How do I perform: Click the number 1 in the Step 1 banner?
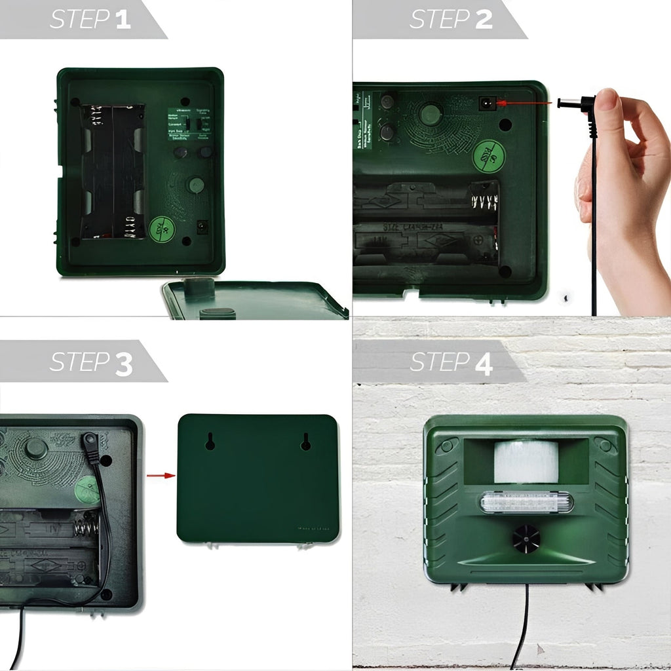coord(123,19)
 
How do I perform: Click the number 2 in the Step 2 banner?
coord(484,19)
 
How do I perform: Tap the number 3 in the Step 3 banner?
coord(124,364)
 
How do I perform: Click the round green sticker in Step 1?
coord(162,230)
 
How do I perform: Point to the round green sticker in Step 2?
coord(489,157)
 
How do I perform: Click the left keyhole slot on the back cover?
coord(210,442)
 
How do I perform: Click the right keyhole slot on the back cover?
coord(305,442)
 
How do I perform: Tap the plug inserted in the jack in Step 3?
coord(90,448)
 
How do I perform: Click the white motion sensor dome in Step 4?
coord(526,461)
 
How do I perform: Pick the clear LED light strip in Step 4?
coord(526,503)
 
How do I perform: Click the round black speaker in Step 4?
coord(526,539)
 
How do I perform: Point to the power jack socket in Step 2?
coord(486,104)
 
